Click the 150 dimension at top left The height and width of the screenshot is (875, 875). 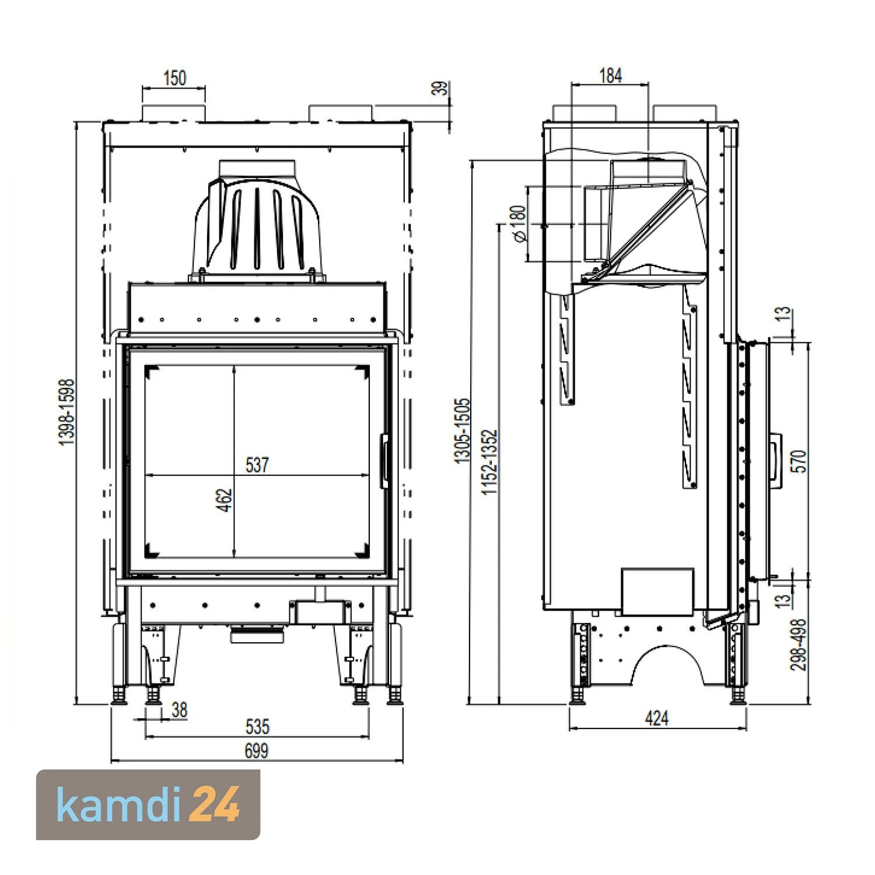(x=174, y=78)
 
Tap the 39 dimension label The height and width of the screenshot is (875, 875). (x=443, y=88)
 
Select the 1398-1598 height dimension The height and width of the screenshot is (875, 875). (x=67, y=412)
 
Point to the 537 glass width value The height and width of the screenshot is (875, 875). (x=257, y=465)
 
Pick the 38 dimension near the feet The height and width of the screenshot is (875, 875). (x=179, y=710)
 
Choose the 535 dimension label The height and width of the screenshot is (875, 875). (x=257, y=726)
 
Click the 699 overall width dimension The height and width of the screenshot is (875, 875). (x=256, y=750)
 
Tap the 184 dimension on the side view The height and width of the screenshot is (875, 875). (x=610, y=75)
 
